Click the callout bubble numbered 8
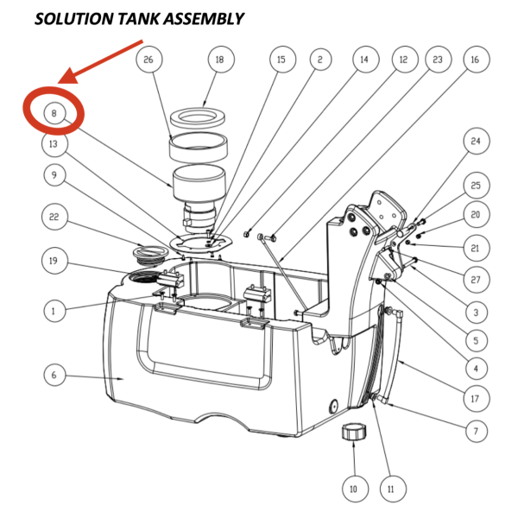tap(54, 113)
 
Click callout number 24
tap(474, 141)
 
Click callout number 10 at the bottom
tap(351, 489)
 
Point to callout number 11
tap(390, 489)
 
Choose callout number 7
tap(474, 429)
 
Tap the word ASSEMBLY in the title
tap(204, 19)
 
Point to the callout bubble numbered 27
tap(474, 279)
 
